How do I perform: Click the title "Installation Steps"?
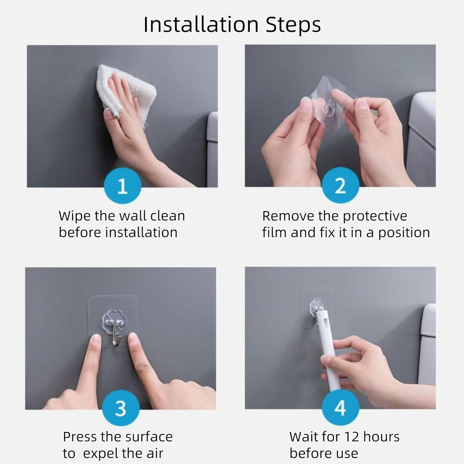[232, 25]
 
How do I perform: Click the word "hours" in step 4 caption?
[381, 437]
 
